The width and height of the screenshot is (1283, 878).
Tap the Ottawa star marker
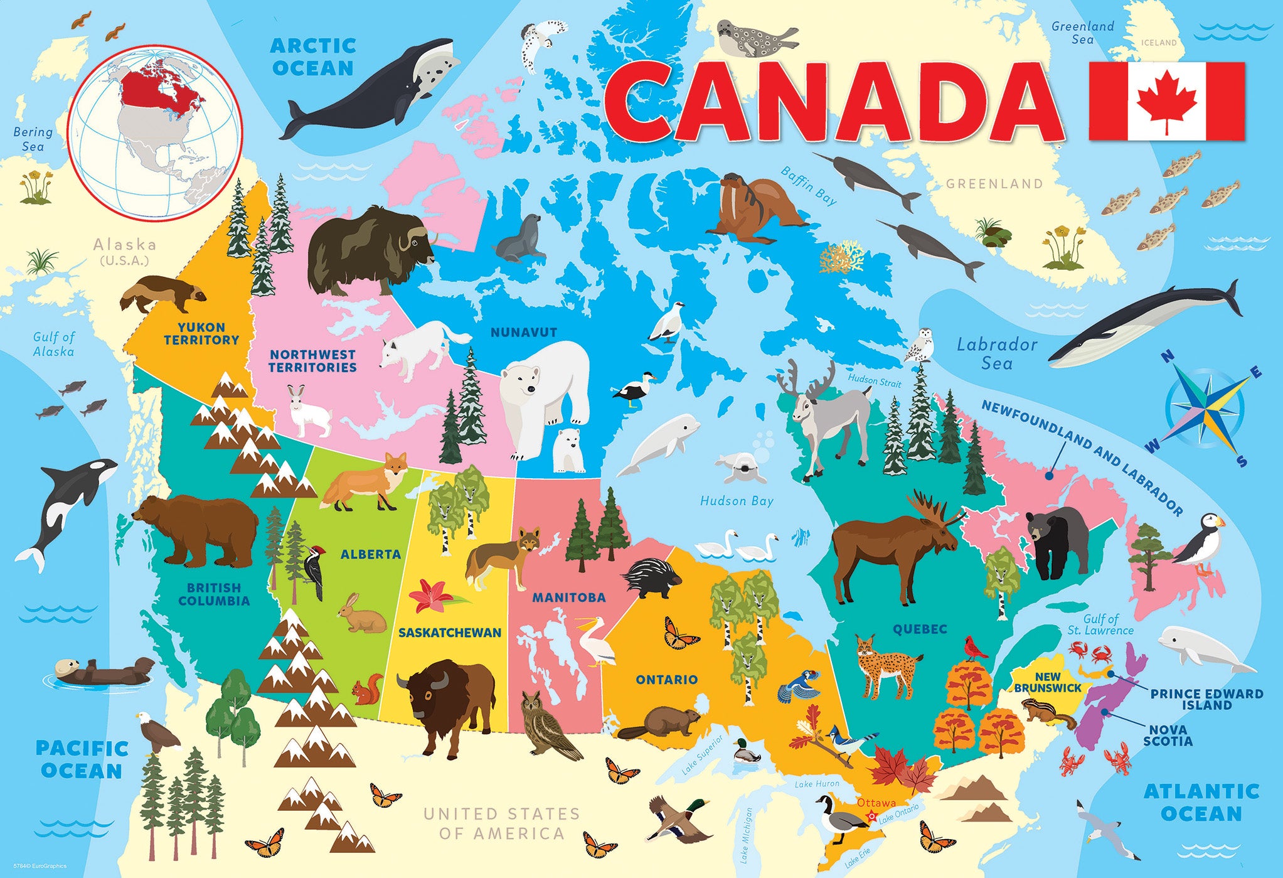pyautogui.click(x=872, y=816)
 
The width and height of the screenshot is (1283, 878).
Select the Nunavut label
pyautogui.click(x=523, y=332)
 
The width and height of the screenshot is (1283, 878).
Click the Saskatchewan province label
pyautogui.click(x=450, y=633)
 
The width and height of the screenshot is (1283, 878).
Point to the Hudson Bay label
pyautogui.click(x=737, y=501)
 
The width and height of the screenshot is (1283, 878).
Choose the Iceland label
pyautogui.click(x=1158, y=43)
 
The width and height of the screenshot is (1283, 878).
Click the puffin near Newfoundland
pyautogui.click(x=1201, y=543)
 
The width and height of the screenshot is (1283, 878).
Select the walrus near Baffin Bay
pyautogui.click(x=753, y=207)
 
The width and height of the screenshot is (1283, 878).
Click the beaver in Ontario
pyautogui.click(x=662, y=722)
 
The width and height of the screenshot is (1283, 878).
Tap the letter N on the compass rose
pyautogui.click(x=1167, y=357)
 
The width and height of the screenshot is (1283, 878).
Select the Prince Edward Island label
pyautogui.click(x=1206, y=699)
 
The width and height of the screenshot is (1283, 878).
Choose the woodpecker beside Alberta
pyautogui.click(x=315, y=571)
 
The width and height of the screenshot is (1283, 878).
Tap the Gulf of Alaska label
pyautogui.click(x=54, y=344)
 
